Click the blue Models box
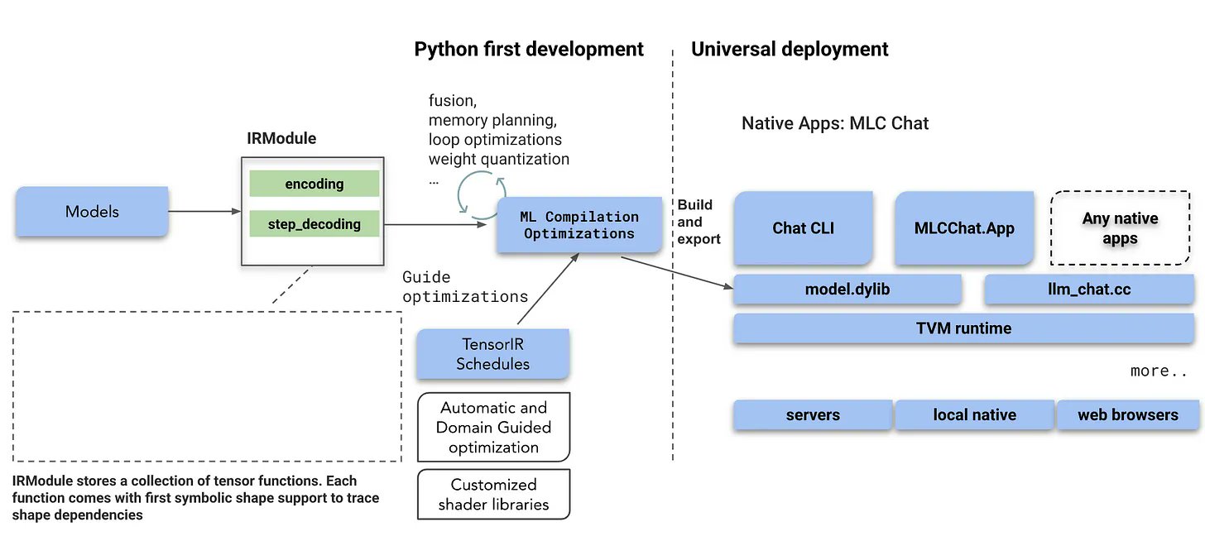pos(92,212)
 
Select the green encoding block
pos(314,184)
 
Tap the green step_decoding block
pos(314,224)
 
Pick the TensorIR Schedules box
pos(492,354)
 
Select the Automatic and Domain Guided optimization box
pos(493,428)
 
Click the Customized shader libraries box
pos(493,495)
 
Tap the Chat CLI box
pos(802,228)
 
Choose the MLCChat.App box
pos(964,228)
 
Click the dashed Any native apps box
pos(1120,228)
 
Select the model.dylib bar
pos(847,290)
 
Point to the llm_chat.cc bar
pos(1088,290)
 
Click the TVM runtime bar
pos(963,328)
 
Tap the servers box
pos(813,415)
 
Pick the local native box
pos(974,415)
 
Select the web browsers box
pos(1127,415)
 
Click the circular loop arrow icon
pos(477,192)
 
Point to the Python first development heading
pos(529,50)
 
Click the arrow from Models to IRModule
pos(204,212)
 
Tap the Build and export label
pos(699,222)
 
